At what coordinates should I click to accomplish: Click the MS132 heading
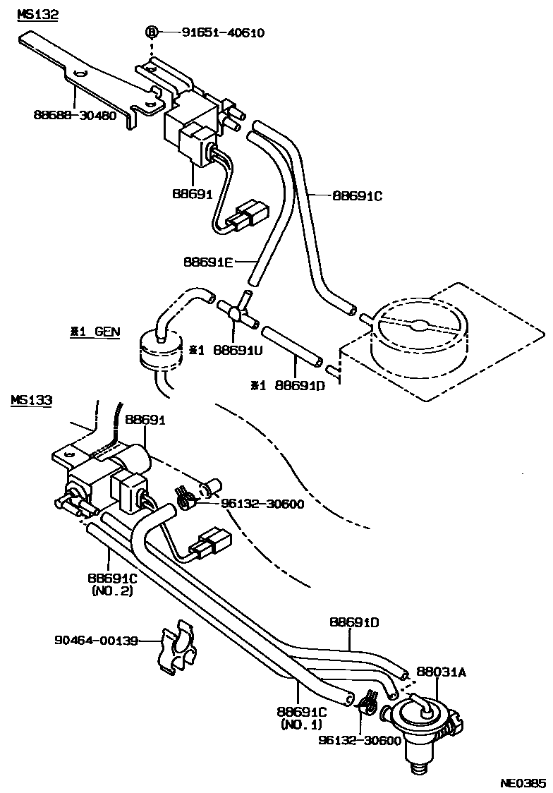(x=38, y=15)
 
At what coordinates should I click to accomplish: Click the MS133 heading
(x=31, y=400)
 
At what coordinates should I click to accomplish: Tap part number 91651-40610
(x=223, y=33)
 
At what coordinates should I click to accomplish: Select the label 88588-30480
(x=75, y=115)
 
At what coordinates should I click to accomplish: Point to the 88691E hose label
(x=208, y=262)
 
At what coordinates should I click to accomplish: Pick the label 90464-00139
(x=96, y=641)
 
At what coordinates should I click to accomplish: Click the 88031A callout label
(x=442, y=672)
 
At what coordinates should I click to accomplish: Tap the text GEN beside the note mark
(x=107, y=332)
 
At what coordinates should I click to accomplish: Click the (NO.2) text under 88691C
(x=112, y=591)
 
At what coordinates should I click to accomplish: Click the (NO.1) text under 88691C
(x=301, y=725)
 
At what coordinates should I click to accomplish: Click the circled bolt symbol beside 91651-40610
(x=152, y=33)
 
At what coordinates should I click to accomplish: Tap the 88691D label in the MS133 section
(x=354, y=622)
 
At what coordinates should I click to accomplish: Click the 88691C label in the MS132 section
(x=358, y=195)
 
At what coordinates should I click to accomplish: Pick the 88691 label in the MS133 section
(x=145, y=420)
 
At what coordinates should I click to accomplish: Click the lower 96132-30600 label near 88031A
(x=360, y=740)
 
